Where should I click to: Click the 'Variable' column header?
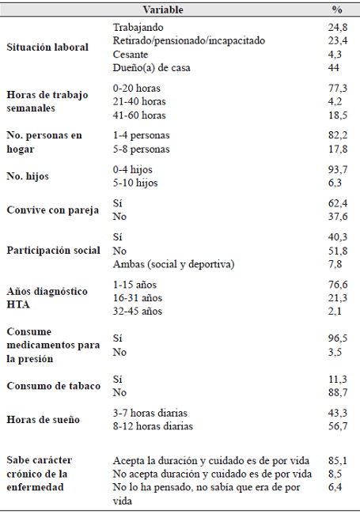click(x=163, y=10)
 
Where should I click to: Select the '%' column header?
click(x=337, y=10)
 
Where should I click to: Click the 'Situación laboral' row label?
click(x=47, y=47)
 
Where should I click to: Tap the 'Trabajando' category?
click(x=138, y=27)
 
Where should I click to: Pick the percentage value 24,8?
click(x=337, y=27)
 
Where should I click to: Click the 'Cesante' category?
click(x=131, y=54)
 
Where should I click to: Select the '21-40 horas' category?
click(x=139, y=101)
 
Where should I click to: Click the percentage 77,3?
click(x=337, y=88)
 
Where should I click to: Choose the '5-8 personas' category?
click(x=142, y=148)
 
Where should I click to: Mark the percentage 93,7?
click(x=337, y=169)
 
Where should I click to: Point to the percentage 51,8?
click(x=337, y=250)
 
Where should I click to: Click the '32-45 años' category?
click(x=138, y=311)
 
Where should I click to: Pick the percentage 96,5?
click(x=337, y=337)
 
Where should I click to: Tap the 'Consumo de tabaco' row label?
click(x=52, y=385)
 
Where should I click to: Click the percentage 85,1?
click(x=337, y=459)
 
